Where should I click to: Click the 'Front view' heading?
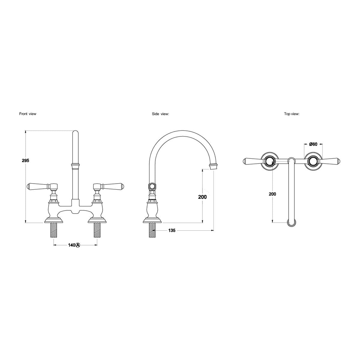[x=28, y=114]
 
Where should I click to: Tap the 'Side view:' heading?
[x=160, y=114]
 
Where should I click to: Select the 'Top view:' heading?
[x=292, y=114]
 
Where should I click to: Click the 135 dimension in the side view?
[x=172, y=230]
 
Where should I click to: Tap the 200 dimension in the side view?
[x=202, y=197]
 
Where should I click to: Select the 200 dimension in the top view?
[x=272, y=194]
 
